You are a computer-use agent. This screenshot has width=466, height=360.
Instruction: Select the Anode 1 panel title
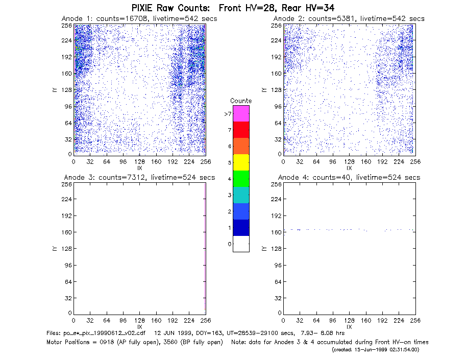click(139, 19)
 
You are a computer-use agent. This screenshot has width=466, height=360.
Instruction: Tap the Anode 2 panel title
click(349, 19)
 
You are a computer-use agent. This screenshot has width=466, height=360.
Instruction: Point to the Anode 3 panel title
click(139, 178)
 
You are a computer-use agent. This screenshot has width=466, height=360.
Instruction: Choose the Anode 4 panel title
click(349, 178)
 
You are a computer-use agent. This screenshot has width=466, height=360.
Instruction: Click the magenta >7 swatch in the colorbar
click(241, 113)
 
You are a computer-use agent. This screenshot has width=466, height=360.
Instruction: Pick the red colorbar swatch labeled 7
click(241, 130)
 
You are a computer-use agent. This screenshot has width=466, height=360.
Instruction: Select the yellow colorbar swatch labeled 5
click(241, 162)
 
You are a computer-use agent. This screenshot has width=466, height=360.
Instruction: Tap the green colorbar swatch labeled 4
click(241, 179)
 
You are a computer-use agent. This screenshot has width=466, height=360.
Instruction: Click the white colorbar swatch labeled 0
click(241, 244)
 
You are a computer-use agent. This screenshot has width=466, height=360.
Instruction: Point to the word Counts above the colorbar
click(241, 101)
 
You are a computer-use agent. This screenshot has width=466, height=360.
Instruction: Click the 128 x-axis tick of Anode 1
click(139, 162)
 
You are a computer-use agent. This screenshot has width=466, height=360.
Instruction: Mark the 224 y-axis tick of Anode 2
click(276, 40)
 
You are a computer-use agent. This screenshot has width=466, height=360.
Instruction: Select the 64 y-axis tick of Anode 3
click(68, 281)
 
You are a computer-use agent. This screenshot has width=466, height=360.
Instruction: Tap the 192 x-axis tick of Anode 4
click(382, 321)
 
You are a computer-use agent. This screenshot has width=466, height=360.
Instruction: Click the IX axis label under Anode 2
click(349, 169)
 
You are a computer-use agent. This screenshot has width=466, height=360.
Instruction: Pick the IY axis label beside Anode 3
click(55, 249)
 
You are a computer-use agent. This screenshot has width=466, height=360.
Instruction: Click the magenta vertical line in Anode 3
click(205, 247)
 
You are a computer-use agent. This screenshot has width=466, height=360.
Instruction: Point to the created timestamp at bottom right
click(375, 350)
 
